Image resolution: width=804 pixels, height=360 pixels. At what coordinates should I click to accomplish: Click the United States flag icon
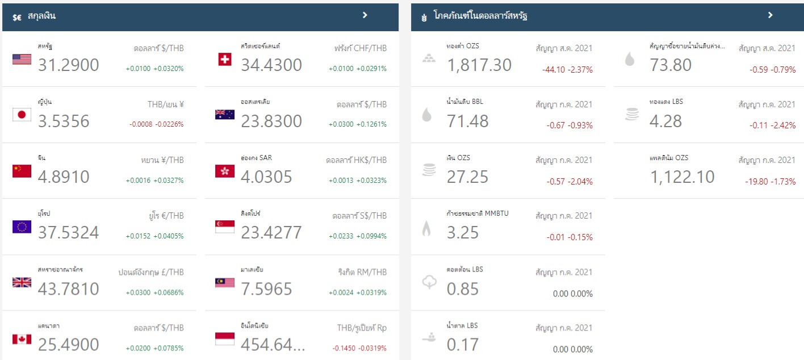22,59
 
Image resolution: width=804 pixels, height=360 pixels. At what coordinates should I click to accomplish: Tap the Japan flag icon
22,115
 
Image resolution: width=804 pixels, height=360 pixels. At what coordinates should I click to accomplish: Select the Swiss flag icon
225,59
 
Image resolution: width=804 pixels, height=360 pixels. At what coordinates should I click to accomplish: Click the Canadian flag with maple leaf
22,339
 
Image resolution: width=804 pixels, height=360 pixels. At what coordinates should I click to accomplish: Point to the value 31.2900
69,65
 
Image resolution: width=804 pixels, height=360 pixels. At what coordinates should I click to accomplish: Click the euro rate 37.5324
69,232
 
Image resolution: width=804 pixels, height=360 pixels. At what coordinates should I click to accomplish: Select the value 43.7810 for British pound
69,288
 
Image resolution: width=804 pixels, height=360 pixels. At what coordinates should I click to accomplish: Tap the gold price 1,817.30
479,65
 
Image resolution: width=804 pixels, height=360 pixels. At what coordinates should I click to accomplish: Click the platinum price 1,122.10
682,177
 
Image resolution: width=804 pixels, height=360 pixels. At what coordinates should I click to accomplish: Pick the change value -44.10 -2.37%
567,70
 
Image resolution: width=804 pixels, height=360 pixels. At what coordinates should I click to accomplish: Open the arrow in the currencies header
365,15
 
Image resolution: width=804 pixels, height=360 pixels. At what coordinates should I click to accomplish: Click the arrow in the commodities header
770,15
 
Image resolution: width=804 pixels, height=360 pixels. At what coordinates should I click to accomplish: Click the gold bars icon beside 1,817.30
429,59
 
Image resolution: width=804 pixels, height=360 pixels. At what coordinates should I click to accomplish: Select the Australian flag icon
225,115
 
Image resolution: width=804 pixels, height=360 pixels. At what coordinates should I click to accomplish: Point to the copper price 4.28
665,121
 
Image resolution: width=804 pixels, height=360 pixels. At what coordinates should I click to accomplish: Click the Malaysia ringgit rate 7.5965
266,288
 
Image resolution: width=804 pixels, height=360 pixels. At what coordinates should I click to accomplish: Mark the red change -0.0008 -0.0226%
156,124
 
